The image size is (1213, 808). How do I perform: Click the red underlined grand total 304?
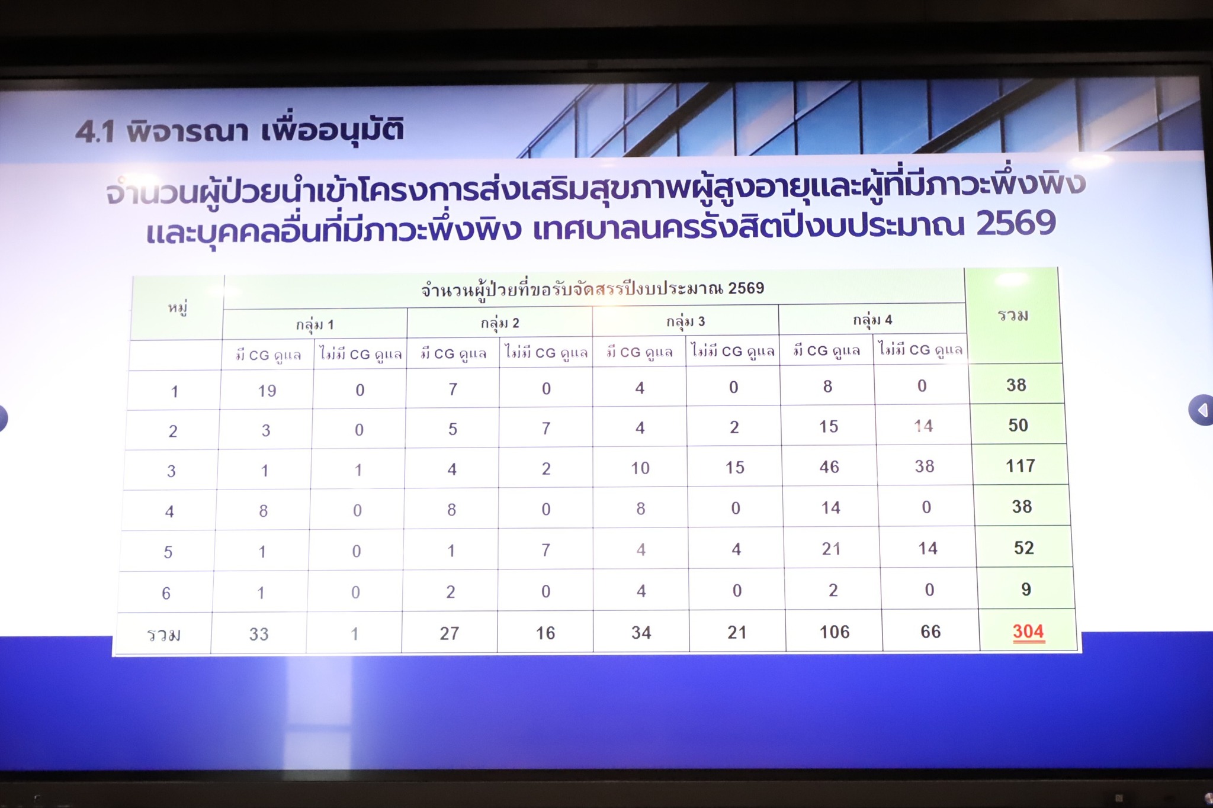click(x=1028, y=632)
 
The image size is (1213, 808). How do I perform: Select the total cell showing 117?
click(x=1020, y=466)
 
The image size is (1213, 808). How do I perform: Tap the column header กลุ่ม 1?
click(x=315, y=324)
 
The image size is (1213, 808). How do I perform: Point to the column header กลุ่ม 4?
click(x=872, y=320)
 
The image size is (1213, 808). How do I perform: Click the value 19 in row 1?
click(x=267, y=391)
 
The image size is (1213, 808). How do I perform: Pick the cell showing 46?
click(x=829, y=467)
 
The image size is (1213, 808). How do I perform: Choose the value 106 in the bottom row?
click(x=835, y=632)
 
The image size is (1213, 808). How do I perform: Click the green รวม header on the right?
click(x=1013, y=316)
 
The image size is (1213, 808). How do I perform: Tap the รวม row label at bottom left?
click(x=163, y=635)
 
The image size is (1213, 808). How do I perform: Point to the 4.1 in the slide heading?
click(x=95, y=131)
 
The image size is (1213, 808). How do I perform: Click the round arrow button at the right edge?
click(x=1201, y=410)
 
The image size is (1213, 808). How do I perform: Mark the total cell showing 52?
click(x=1023, y=548)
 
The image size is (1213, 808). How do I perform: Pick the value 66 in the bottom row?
click(x=930, y=632)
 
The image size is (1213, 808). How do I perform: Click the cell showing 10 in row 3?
click(x=640, y=468)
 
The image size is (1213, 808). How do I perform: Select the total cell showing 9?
click(x=1026, y=589)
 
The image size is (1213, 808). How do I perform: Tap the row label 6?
click(x=166, y=593)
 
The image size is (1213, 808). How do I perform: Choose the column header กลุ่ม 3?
click(x=685, y=321)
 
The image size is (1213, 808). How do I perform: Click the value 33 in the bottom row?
click(x=259, y=635)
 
